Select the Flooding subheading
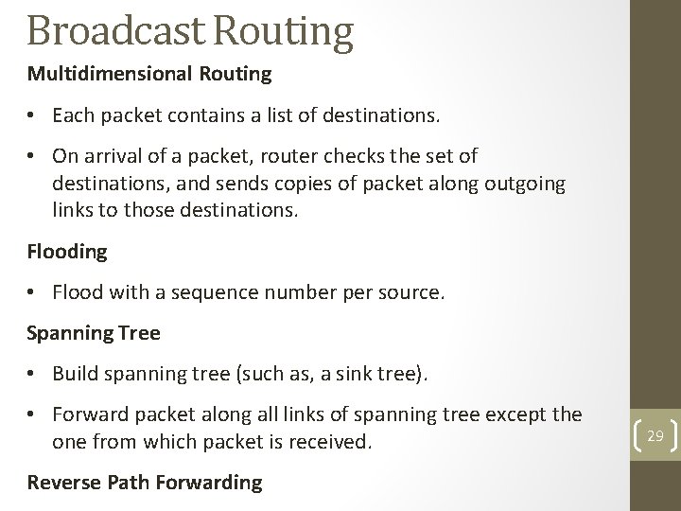click(x=67, y=252)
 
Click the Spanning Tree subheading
click(x=94, y=333)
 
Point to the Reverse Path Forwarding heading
click(x=145, y=482)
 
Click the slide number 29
click(x=655, y=434)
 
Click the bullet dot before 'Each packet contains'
click(x=33, y=116)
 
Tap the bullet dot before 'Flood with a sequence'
click(x=33, y=293)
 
